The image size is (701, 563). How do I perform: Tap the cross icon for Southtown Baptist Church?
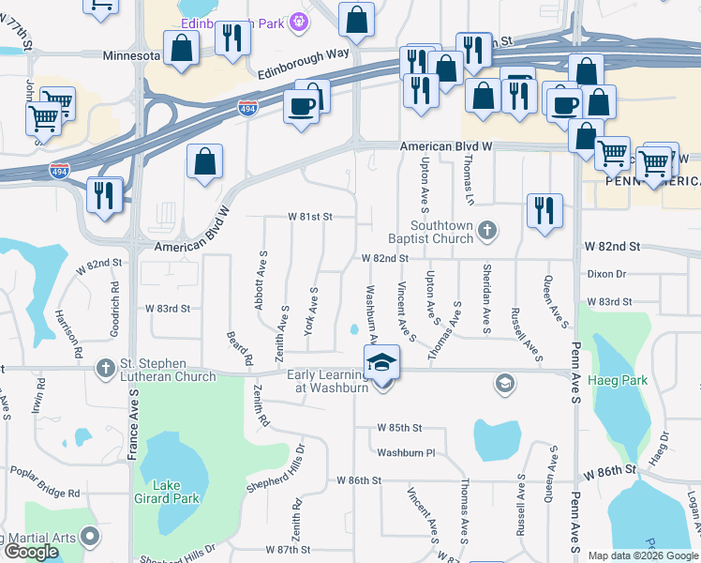(486, 230)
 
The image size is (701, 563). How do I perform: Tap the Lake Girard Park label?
(167, 492)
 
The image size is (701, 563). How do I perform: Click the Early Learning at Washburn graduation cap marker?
(381, 363)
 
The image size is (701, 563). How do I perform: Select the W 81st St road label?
(310, 217)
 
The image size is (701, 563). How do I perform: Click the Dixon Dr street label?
(605, 274)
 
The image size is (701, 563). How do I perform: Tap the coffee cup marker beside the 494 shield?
(301, 105)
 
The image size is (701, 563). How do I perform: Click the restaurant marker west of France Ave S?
(102, 194)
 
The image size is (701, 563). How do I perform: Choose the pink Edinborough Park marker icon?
(299, 20)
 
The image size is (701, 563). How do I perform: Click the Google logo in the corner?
(31, 552)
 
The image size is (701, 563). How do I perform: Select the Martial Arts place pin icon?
(90, 537)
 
